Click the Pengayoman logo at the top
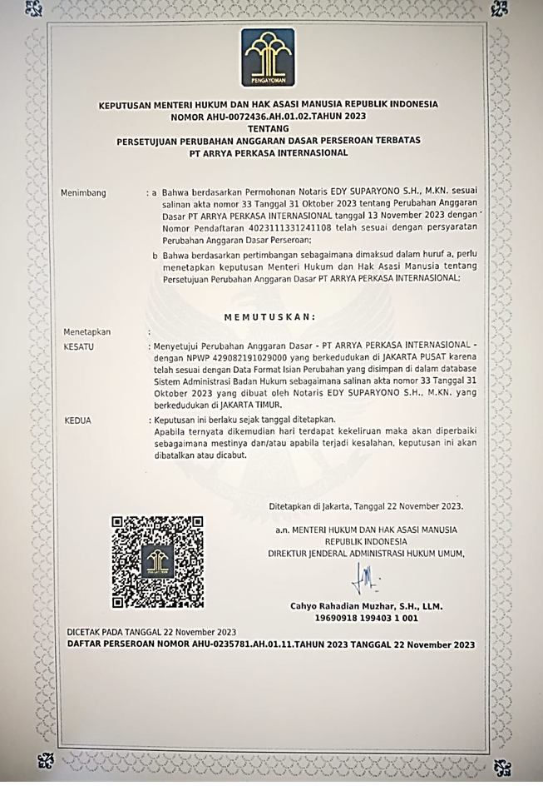(268, 57)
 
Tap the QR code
(158, 561)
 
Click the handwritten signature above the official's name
(364, 575)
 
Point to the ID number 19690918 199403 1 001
(366, 619)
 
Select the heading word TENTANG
(268, 129)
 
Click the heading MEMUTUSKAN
(270, 316)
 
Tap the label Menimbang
(83, 193)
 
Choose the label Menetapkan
(86, 331)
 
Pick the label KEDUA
(77, 420)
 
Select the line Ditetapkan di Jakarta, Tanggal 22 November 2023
(367, 505)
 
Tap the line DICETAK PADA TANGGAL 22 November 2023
(151, 633)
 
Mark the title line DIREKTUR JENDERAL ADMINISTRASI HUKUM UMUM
(367, 553)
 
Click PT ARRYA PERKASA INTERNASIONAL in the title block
(268, 153)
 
